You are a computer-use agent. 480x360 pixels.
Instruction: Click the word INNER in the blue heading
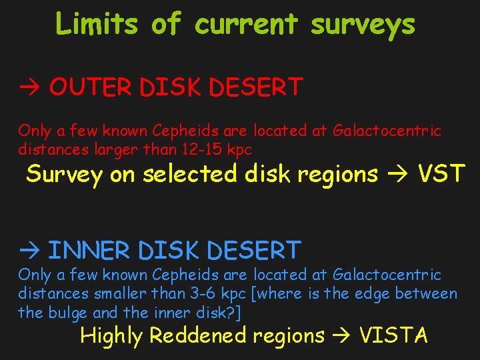point(90,251)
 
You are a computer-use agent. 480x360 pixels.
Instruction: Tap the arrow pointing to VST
point(397,174)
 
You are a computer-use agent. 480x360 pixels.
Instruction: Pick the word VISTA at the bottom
point(393,335)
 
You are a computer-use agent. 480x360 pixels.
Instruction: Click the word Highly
point(111,335)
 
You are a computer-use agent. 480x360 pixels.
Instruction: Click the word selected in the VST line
point(190,174)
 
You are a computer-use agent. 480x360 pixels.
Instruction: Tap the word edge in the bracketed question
point(371,294)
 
